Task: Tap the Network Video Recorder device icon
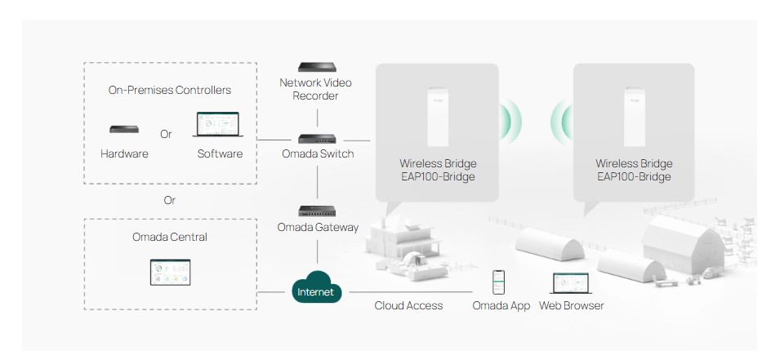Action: point(318,67)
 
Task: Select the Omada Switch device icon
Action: point(318,140)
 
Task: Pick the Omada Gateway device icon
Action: point(318,211)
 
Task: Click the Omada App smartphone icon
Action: point(497,282)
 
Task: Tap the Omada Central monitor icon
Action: point(170,272)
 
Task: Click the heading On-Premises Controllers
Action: point(170,90)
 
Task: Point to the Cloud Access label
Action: point(408,305)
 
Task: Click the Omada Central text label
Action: point(170,237)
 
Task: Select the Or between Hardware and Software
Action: point(167,134)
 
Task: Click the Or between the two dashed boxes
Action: point(170,200)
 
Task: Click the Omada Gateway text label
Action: point(318,227)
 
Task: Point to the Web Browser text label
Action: point(572,305)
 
